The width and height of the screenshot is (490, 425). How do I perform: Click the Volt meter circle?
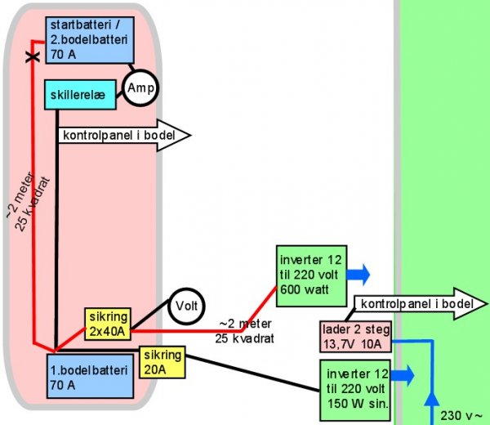(185, 306)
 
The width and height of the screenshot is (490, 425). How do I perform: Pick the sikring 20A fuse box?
(163, 360)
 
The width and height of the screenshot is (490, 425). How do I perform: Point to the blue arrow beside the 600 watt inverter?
(359, 272)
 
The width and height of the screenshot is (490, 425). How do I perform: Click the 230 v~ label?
(462, 414)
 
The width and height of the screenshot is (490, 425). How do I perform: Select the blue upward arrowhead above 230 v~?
(430, 400)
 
